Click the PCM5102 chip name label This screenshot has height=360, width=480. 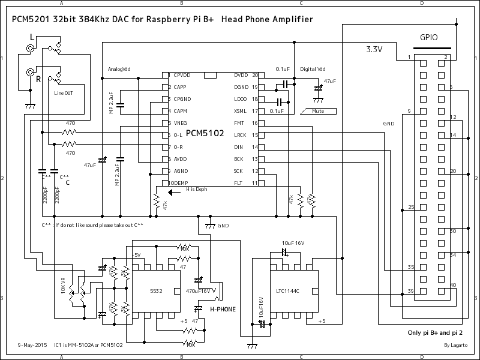pyautogui.click(x=205, y=133)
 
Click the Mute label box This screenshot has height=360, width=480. pyautogui.click(x=319, y=111)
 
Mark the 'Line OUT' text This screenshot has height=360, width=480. pyautogui.click(x=65, y=93)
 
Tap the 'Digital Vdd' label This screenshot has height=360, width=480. pyautogui.click(x=313, y=69)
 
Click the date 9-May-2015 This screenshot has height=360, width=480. pyautogui.click(x=32, y=345)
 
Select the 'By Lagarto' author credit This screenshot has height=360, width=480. pyautogui.click(x=455, y=345)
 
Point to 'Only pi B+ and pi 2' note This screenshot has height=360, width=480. pyautogui.click(x=434, y=331)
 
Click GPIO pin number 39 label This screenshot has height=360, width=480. pyautogui.click(x=410, y=291)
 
